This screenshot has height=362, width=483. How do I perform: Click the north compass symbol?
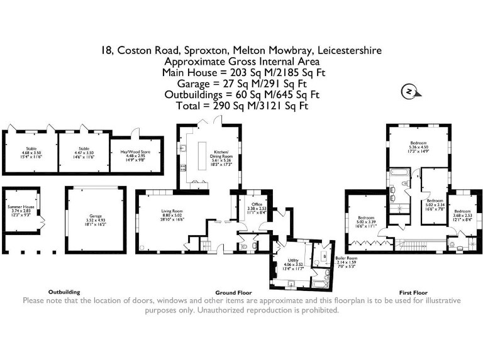click(409, 92)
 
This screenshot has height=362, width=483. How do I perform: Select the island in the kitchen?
click(203, 155)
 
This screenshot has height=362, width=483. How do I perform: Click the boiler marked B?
click(323, 256)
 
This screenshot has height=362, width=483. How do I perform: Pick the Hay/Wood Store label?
click(135, 155)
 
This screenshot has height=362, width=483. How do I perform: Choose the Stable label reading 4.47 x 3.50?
click(84, 152)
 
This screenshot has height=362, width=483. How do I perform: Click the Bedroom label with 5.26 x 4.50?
click(418, 146)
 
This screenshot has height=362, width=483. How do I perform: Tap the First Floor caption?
click(414, 293)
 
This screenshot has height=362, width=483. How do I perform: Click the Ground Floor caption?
click(234, 293)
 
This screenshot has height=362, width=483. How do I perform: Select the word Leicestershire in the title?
click(350, 50)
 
